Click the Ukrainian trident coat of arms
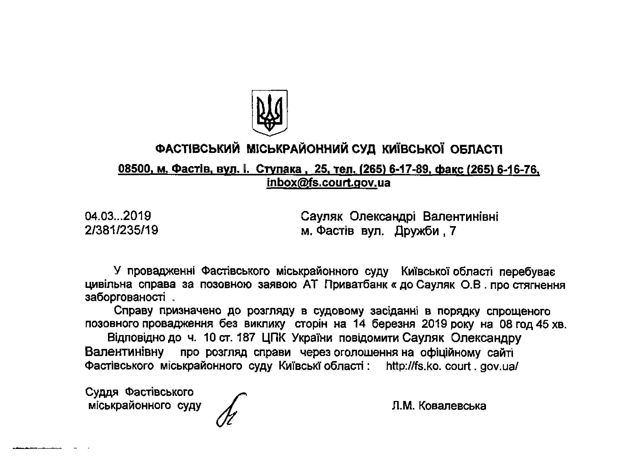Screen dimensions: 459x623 (x=269, y=113)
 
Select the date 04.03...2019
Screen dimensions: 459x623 (x=118, y=216)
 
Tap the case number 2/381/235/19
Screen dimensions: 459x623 (x=121, y=230)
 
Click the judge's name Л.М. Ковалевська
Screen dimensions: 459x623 (x=439, y=406)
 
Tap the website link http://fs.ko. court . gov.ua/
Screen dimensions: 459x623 (x=452, y=366)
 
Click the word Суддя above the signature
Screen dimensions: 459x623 (x=102, y=392)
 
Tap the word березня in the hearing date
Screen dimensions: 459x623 (x=394, y=324)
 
